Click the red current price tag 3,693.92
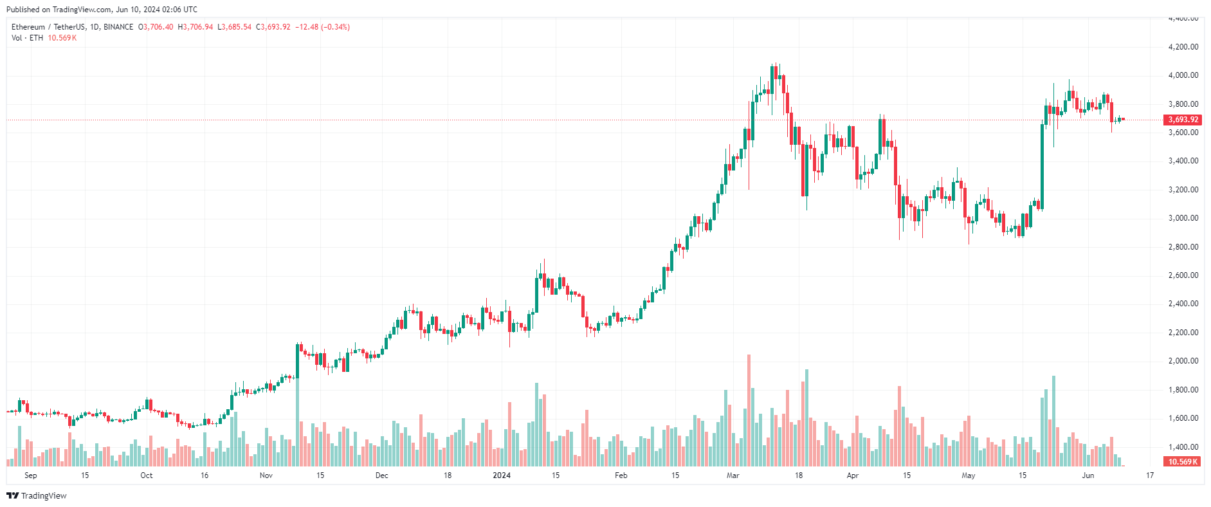coord(1183,120)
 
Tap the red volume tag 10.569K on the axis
coord(1183,462)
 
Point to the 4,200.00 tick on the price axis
coord(1183,47)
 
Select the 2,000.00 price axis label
coord(1183,361)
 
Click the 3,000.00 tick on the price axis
coord(1183,218)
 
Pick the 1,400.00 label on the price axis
coord(1183,447)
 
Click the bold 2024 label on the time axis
coord(502,475)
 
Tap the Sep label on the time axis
coord(30,475)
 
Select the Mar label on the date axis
coord(733,475)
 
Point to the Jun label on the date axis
coord(1088,475)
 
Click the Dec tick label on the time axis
coord(381,475)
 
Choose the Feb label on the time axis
coord(621,475)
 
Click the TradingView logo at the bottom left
coord(37,495)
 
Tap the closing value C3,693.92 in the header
coord(273,27)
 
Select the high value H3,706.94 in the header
coord(196,27)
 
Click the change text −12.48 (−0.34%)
coord(322,27)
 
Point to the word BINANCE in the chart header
coord(118,27)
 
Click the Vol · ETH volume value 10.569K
coord(62,38)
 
